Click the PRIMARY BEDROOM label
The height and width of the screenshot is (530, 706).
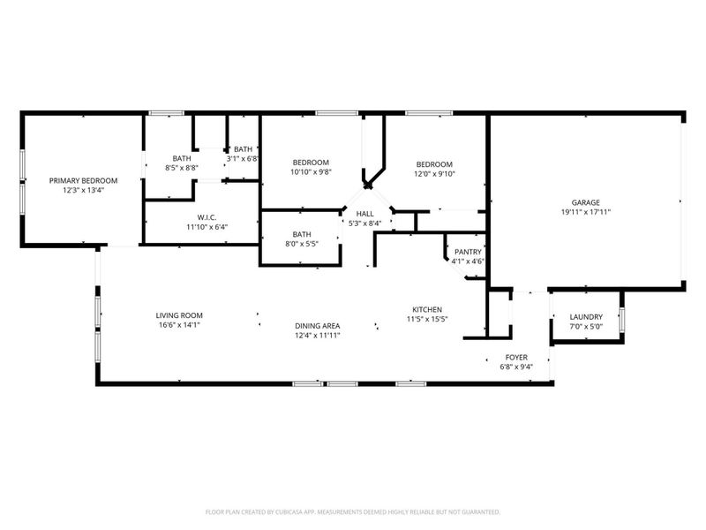pos(83,180)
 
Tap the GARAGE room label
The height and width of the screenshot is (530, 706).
pos(585,202)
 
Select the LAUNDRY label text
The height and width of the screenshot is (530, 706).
pos(586,316)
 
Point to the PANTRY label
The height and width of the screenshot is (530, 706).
pos(468,252)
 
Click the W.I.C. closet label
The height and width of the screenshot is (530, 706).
pos(207,216)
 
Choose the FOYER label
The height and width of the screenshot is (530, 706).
pos(516,357)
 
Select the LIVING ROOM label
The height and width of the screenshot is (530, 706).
pos(179,315)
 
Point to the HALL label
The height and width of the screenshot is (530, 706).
pos(364,214)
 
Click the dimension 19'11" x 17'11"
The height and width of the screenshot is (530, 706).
pos(585,212)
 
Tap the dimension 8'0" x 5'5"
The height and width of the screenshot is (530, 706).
pos(300,243)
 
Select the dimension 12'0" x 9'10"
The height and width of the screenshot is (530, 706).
pos(434,173)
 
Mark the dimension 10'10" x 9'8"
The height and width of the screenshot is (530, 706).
pos(311,172)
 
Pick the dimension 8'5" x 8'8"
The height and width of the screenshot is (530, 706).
pos(182,167)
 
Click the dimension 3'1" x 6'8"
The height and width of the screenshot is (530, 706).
pos(243,159)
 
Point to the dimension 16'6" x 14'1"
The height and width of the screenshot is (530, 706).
pos(179,325)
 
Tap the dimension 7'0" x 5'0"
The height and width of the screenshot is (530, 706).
pos(586,326)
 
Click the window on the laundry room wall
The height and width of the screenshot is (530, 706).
pos(621,319)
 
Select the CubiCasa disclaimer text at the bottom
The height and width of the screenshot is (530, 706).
pos(353,511)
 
